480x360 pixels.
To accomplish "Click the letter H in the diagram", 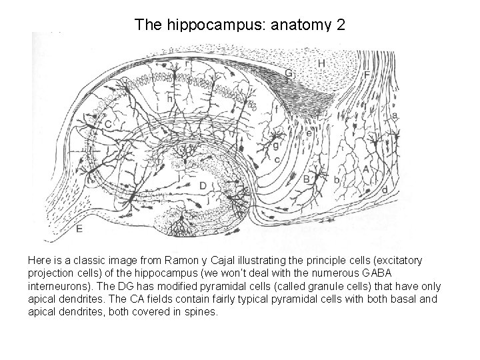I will pos(322,63).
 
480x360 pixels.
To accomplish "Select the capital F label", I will pos(366,75).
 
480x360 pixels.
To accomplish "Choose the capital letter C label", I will pos(107,124).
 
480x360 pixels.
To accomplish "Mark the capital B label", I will pos(306,179).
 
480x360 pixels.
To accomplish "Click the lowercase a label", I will pos(395,115).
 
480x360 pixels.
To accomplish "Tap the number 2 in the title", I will pos(341,25).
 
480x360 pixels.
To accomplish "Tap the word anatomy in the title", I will pos(300,25).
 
